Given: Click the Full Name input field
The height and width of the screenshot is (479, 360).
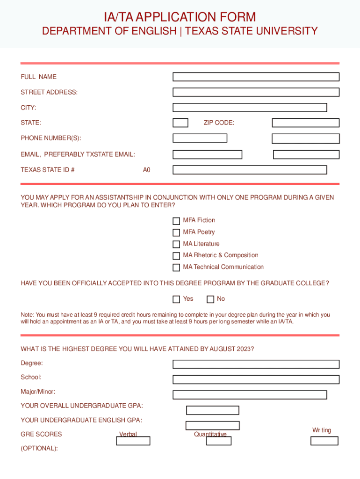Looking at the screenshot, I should click(256, 77).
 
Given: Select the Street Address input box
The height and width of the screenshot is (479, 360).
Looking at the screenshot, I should click(256, 92).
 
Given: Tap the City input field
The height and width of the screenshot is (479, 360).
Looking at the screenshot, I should click(250, 108).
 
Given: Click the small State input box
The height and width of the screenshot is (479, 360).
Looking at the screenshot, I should click(180, 123).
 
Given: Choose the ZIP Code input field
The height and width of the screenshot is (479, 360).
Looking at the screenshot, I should click(305, 123).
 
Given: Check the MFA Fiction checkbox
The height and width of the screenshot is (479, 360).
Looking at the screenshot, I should click(176, 221).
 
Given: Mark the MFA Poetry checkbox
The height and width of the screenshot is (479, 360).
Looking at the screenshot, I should click(176, 232).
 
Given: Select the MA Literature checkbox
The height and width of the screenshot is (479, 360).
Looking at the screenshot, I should click(176, 244).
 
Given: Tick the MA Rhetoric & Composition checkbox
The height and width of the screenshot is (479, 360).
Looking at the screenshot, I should click(176, 256).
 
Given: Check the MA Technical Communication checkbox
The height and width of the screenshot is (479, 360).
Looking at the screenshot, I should click(176, 268).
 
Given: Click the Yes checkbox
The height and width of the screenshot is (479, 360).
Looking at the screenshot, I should click(176, 299).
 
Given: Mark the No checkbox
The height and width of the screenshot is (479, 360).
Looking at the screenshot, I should click(210, 299).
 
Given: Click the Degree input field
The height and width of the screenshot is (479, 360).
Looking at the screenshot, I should click(256, 364).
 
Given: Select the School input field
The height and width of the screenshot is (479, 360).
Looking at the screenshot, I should click(256, 379).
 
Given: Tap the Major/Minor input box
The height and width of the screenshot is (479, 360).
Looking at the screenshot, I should click(250, 395).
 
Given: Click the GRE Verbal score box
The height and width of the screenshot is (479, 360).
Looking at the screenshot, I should click(133, 441).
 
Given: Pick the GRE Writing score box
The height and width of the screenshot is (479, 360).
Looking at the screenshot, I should click(324, 441).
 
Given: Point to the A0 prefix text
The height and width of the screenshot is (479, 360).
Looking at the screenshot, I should click(147, 170).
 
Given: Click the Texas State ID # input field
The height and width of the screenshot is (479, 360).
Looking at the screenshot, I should click(256, 170).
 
